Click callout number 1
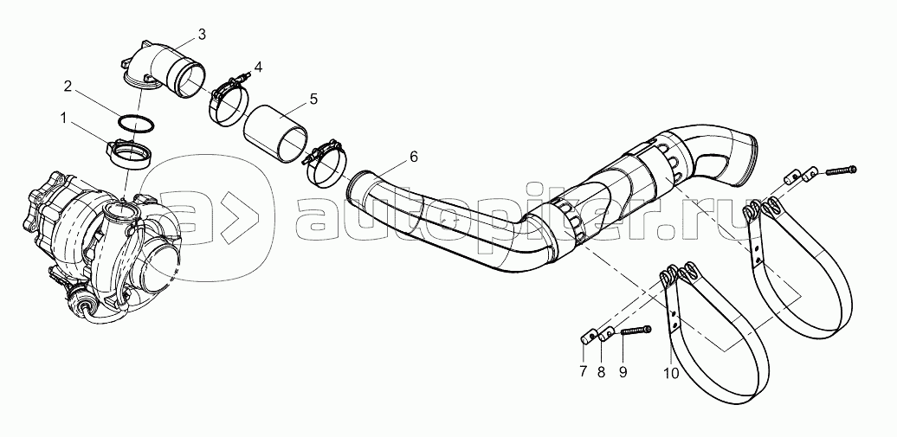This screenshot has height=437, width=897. click(x=61, y=116)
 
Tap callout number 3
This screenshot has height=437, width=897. click(x=201, y=34)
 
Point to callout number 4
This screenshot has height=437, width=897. click(x=258, y=66)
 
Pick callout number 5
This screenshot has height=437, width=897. click(x=313, y=99)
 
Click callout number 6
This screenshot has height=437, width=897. click(x=413, y=157)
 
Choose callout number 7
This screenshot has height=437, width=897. click(x=584, y=372)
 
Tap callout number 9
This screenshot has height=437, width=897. click(x=622, y=372)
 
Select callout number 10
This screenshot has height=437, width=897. click(x=671, y=373)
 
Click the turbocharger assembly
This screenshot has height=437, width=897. click(x=100, y=234)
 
